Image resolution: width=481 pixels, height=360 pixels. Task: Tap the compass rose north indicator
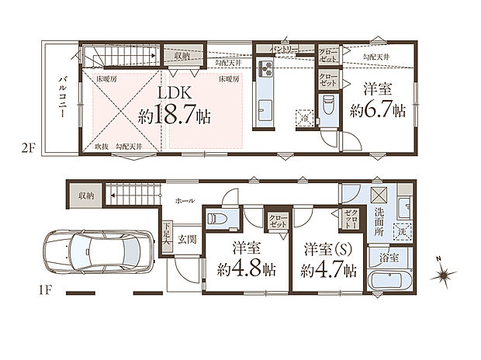point(444,272)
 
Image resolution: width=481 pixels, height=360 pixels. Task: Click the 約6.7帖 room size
point(376,110)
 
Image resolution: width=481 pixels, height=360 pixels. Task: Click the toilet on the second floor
point(328,103)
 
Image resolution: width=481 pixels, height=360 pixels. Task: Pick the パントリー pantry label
point(283,49)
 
